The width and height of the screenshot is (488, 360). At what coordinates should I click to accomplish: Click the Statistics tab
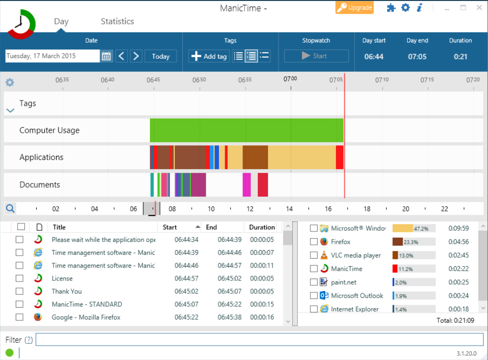[117, 21]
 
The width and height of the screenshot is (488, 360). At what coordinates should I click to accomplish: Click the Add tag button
[209, 56]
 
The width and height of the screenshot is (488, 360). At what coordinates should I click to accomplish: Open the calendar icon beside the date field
[106, 56]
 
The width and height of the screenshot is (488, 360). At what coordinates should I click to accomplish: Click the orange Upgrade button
[355, 8]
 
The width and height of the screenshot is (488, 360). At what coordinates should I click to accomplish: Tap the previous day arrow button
[122, 56]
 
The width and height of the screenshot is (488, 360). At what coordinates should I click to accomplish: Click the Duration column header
[262, 227]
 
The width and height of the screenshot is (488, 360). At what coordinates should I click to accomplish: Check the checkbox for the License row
[20, 279]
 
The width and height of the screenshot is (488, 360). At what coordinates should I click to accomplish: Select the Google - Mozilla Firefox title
[86, 317]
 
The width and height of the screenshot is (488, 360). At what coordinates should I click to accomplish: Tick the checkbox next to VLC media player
[314, 255]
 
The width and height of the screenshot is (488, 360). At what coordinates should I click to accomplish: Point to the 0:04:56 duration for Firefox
[458, 242]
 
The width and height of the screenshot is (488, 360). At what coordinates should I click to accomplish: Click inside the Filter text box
[259, 340]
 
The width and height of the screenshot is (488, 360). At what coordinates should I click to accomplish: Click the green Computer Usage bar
[247, 130]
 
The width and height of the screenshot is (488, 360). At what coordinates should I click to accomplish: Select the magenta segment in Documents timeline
[247, 185]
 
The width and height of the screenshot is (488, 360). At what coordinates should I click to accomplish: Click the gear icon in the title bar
[405, 8]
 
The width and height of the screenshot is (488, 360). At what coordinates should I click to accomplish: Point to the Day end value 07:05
[417, 57]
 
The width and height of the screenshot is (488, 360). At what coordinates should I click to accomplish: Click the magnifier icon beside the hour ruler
[10, 209]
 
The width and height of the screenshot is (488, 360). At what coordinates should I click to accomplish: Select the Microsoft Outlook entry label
[357, 296]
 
